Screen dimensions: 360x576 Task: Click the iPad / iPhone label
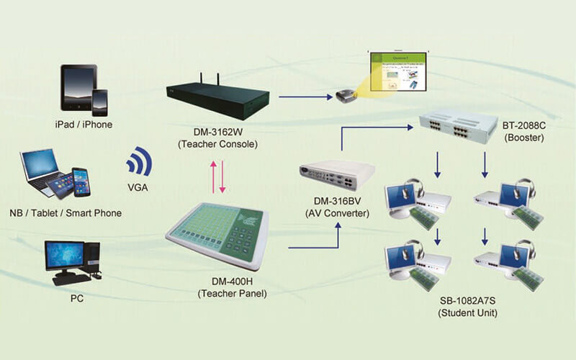(x=84, y=125)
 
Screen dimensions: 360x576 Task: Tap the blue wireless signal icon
(x=140, y=162)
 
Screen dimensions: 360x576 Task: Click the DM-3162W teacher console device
(x=212, y=98)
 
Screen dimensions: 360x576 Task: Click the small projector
(x=343, y=96)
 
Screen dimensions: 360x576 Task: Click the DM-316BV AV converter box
(x=338, y=174)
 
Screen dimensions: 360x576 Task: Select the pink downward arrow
(x=223, y=176)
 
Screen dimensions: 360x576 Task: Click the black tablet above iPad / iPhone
(x=78, y=87)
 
